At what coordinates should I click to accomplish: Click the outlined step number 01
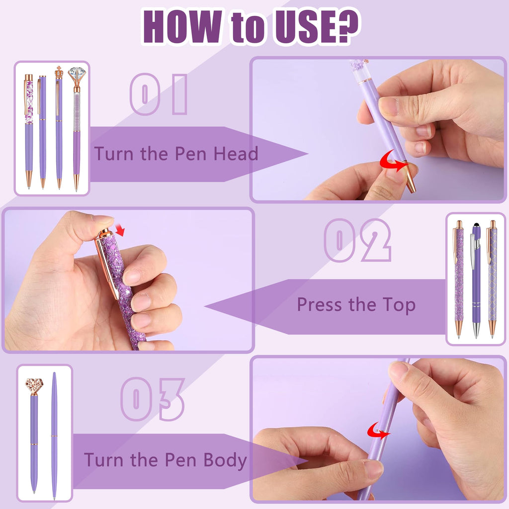(159, 94)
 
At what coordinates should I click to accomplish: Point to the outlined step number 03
(153, 399)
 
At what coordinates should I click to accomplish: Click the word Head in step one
(236, 153)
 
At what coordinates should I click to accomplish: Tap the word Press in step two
(320, 305)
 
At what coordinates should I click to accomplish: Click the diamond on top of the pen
(77, 74)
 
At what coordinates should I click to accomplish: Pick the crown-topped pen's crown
(59, 72)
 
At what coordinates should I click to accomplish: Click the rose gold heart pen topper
(34, 386)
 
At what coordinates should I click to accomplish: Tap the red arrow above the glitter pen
(120, 230)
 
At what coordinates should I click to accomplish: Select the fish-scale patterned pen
(492, 279)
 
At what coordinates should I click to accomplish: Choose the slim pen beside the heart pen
(54, 435)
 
